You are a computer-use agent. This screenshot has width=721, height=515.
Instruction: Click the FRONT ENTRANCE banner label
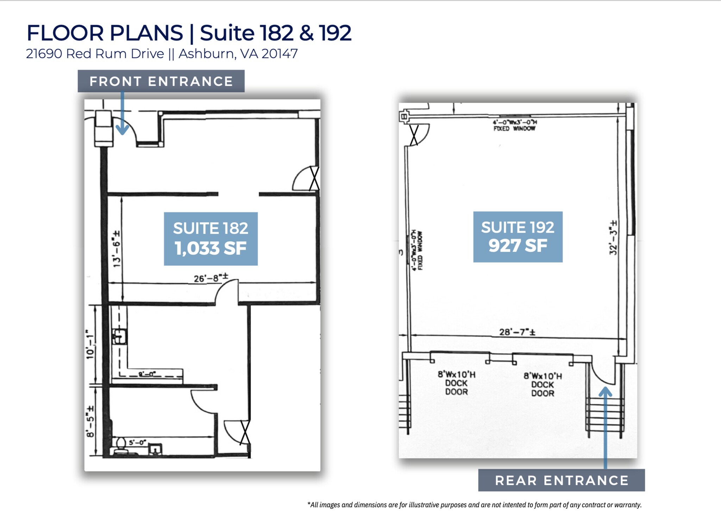point(161,81)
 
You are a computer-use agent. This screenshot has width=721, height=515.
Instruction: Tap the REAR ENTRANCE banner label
point(561,480)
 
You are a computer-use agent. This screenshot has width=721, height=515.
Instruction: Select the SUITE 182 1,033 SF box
point(211,239)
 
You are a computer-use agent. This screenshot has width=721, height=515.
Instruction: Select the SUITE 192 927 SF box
point(518,237)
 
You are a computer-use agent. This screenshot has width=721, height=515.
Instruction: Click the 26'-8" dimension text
point(211,278)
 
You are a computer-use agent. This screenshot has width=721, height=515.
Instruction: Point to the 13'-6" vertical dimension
point(117,249)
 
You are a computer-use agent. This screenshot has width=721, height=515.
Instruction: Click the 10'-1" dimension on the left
point(90,344)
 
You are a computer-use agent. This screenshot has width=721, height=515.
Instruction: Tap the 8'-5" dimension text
point(90,421)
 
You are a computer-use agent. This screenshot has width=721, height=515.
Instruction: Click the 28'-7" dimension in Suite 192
point(517,332)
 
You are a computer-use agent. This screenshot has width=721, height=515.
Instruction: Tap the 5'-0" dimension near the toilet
point(137,442)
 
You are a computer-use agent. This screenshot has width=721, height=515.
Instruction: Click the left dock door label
point(456,383)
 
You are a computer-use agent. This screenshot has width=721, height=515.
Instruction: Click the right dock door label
point(543,385)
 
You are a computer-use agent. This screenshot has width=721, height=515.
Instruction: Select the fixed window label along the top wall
point(514,125)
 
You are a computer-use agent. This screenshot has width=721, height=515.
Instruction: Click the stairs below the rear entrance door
point(604,416)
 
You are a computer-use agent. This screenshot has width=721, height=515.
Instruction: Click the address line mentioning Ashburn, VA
point(162,54)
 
